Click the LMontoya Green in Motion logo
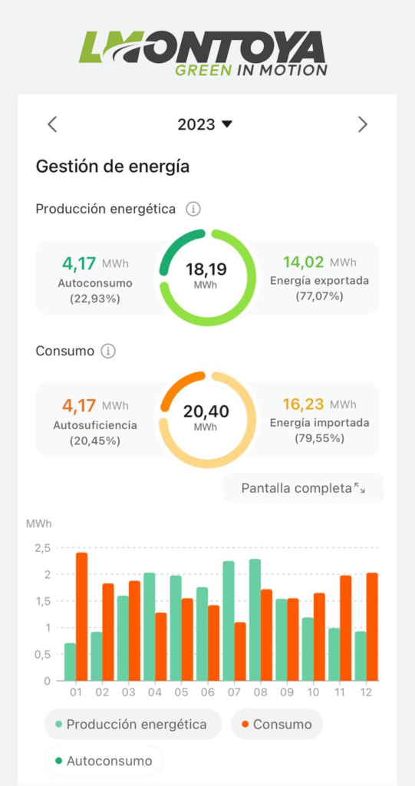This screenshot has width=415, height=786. point(203,53)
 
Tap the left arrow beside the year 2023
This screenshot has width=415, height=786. point(52,124)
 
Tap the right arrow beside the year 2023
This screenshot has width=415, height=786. point(362,124)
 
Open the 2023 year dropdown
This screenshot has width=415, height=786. point(205,124)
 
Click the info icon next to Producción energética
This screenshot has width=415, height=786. point(193,209)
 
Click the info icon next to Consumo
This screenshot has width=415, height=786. point(108,352)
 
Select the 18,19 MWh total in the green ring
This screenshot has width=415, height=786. point(206,275)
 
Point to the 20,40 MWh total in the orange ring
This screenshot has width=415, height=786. point(206,417)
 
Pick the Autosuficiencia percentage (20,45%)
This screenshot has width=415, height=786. point(94,441)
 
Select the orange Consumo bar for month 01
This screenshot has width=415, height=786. point(82,616)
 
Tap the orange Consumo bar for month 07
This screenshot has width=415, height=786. point(240,652)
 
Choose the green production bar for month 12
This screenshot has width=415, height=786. point(361,656)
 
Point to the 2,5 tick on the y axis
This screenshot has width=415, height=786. point(43,548)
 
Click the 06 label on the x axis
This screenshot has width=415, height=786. point(207,692)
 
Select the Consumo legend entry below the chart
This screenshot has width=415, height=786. point(277,725)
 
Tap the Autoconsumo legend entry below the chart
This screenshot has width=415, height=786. point(104,761)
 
